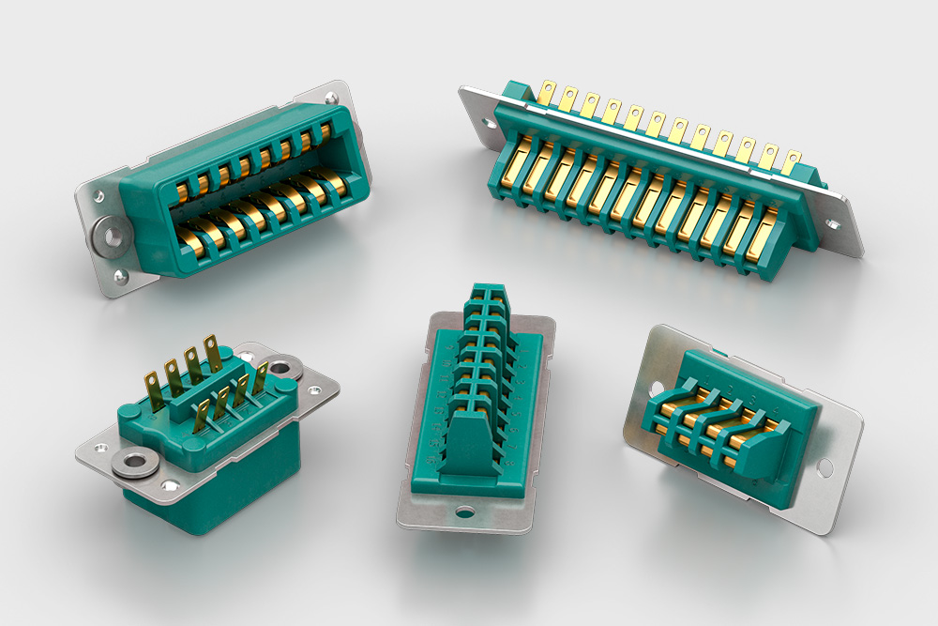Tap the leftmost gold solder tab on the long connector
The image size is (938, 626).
(x=547, y=93)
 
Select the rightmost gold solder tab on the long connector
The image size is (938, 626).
(x=793, y=160)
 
